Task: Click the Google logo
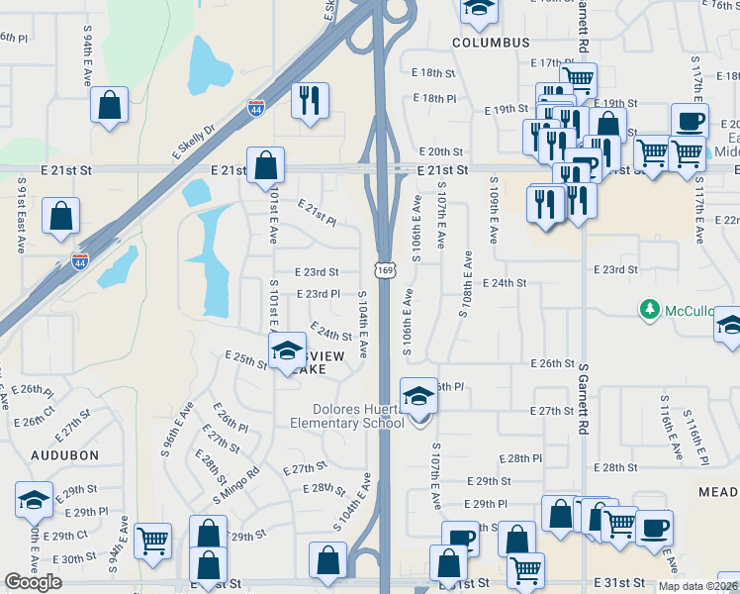pos(33,582)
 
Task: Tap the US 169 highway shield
pos(384,268)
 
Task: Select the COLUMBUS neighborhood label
pos(492,43)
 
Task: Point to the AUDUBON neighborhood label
pos(65,455)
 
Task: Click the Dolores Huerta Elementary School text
pos(345,417)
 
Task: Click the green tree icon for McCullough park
pos(649,311)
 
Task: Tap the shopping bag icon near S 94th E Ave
pos(109,105)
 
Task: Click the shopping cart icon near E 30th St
pos(152,542)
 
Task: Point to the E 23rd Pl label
pos(318,294)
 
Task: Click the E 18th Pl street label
pos(434,98)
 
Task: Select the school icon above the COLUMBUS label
pos(479,8)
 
